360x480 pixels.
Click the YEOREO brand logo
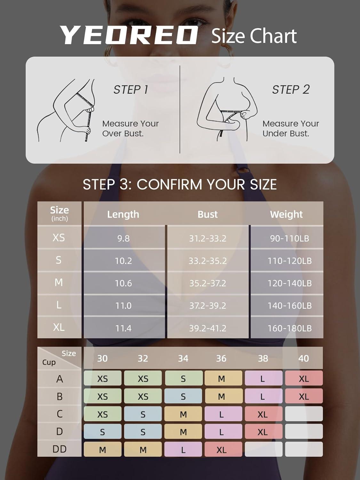[x=129, y=35]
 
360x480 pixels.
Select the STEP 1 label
[x=131, y=90]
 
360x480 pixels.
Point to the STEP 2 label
[x=291, y=90]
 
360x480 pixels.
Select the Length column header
[x=123, y=214]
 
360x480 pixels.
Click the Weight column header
[x=286, y=214]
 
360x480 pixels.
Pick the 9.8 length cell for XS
[x=124, y=238]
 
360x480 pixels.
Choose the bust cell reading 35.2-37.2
[x=208, y=284]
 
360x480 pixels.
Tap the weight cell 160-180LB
[x=290, y=328]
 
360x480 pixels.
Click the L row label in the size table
[x=59, y=305]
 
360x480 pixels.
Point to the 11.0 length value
[x=124, y=306]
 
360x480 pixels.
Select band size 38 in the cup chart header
[x=263, y=358]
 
